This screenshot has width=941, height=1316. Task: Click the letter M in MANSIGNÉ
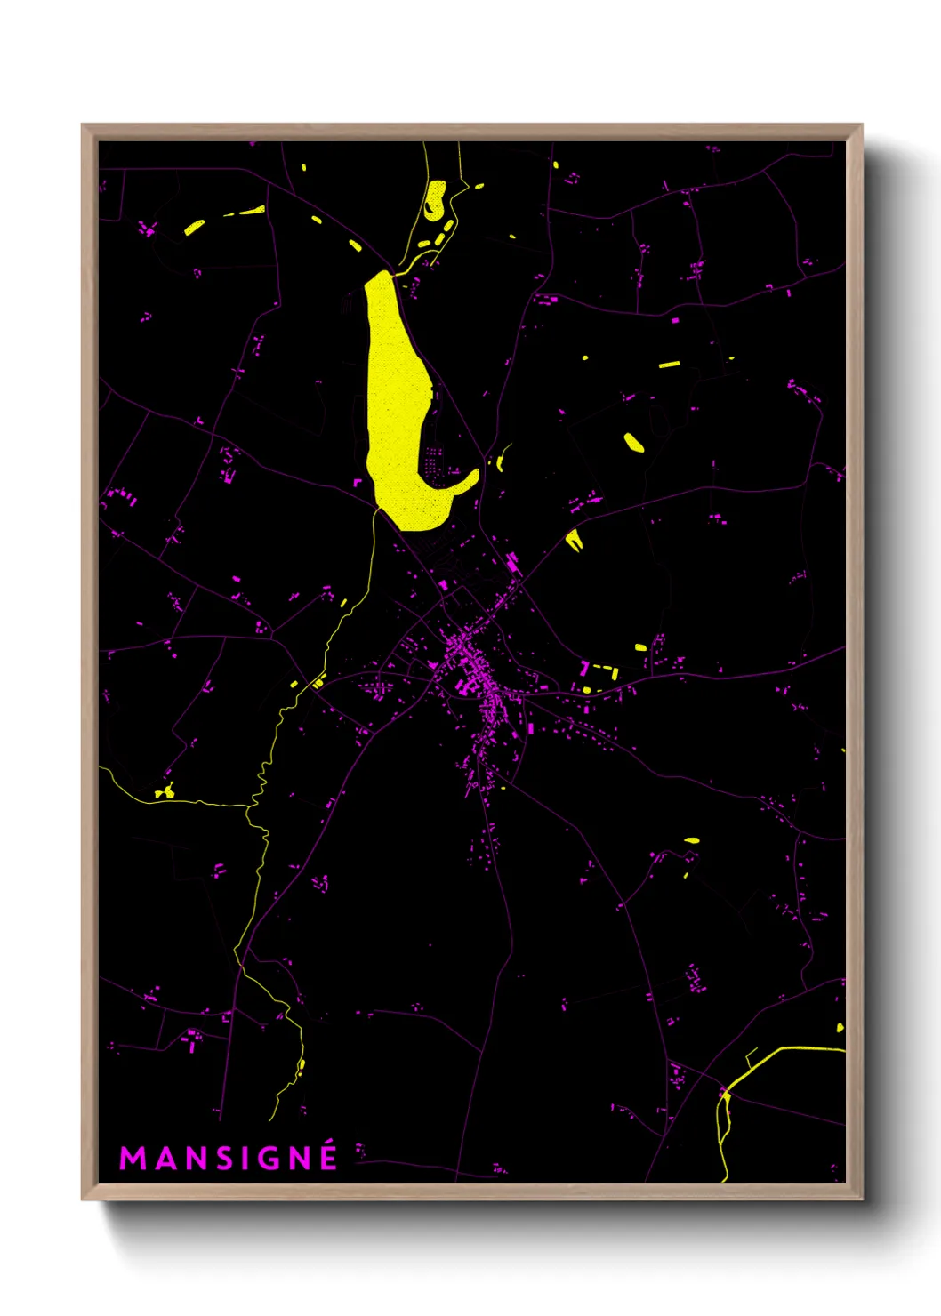(x=132, y=1159)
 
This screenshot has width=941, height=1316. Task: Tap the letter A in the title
(x=165, y=1159)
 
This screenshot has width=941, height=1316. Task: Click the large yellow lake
(x=395, y=391)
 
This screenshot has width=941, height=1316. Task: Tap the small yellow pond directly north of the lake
(x=435, y=200)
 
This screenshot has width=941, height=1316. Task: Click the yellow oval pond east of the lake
(x=634, y=442)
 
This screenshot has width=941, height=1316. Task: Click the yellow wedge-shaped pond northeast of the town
(x=574, y=539)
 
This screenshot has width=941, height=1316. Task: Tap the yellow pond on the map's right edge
(x=840, y=1028)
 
